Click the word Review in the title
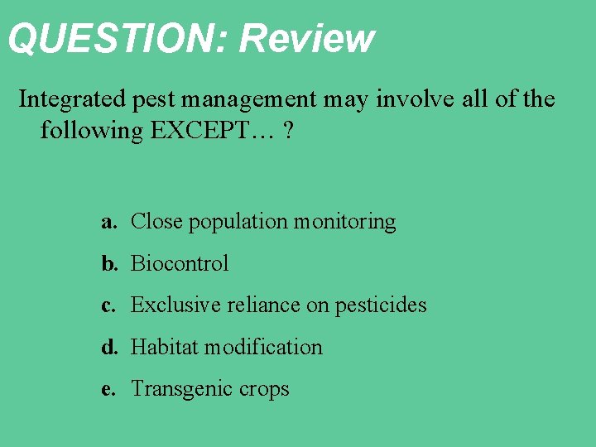307,38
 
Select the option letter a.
108,222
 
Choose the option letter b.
108,264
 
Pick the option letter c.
108,305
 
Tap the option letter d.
108,348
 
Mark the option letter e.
108,389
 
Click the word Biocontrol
180,264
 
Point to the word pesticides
381,305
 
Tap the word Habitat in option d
164,348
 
